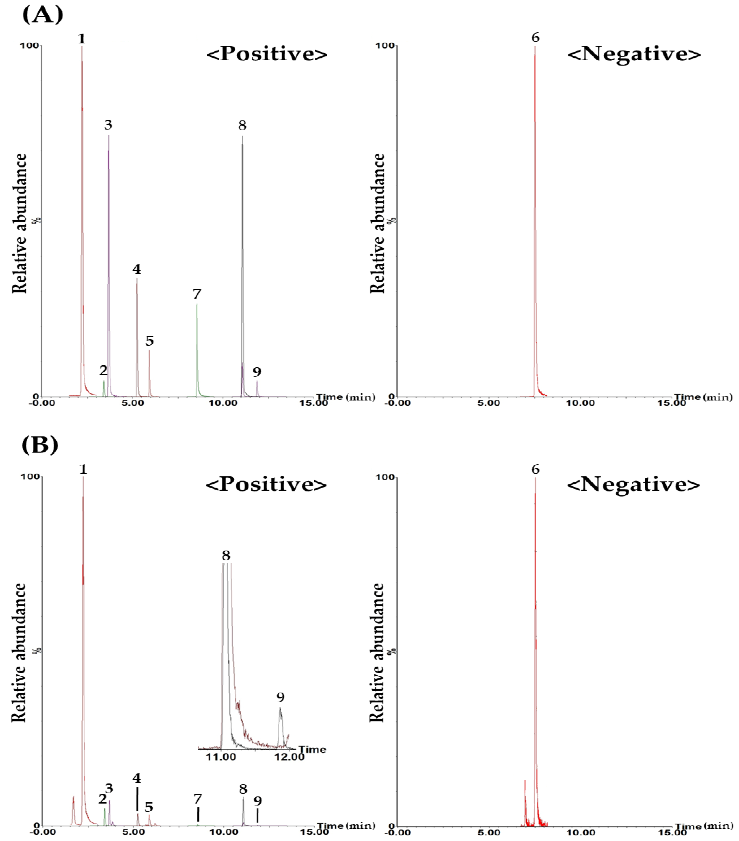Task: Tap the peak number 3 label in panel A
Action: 108,124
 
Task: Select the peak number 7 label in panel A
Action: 197,294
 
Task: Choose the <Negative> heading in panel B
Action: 633,484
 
